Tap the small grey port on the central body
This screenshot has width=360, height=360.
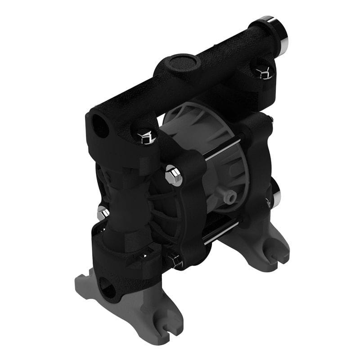point(230,196)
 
